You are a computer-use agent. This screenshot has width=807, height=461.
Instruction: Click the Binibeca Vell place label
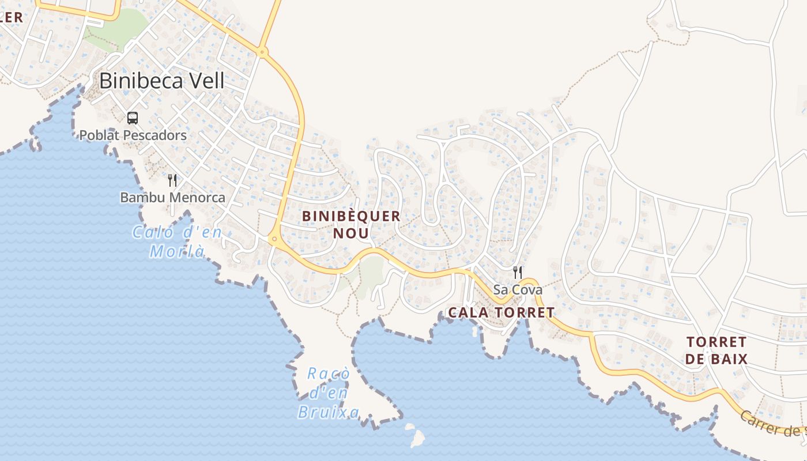point(161,81)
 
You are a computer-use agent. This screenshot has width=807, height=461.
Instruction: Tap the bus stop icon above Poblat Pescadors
point(133,118)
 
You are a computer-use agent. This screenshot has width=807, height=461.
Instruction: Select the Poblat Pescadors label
point(133,135)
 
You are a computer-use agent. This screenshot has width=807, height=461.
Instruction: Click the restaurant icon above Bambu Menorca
point(172,180)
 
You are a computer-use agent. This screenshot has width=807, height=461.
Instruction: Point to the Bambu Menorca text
point(172,197)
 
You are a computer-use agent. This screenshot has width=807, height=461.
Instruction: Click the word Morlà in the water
point(177,251)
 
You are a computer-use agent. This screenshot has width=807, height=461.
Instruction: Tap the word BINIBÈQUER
point(351,216)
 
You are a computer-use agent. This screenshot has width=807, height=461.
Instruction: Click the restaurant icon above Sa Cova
point(518,273)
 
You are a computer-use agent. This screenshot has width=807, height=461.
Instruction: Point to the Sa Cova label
point(518,290)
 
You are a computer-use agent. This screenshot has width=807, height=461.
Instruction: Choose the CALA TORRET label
point(501,313)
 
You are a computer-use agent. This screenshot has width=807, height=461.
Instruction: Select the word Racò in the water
point(328,374)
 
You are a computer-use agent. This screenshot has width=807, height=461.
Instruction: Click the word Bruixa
point(328,412)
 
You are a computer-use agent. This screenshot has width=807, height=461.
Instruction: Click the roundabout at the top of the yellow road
point(263,52)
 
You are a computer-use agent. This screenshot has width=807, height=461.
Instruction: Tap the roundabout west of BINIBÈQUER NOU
point(274,239)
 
